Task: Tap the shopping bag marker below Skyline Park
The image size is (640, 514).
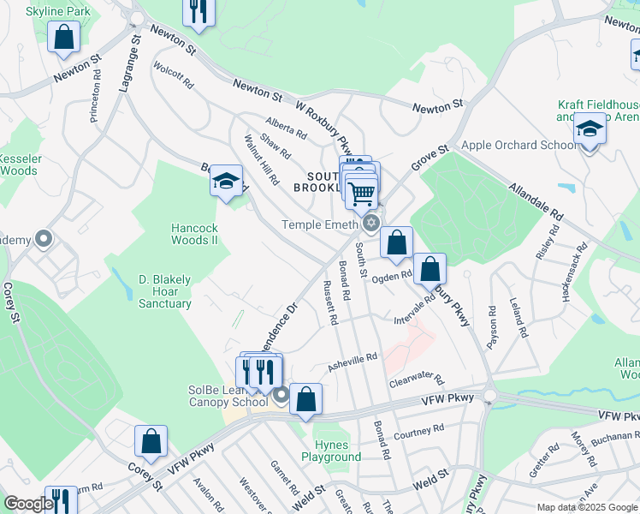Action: click(x=63, y=38)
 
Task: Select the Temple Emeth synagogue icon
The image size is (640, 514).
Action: click(x=370, y=224)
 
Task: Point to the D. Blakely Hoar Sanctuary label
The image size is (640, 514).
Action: click(x=165, y=291)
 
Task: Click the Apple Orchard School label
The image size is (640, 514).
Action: click(x=519, y=145)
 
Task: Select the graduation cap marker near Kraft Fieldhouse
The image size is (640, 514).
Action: click(x=590, y=129)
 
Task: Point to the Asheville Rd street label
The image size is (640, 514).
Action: click(x=353, y=362)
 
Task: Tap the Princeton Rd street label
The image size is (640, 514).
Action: click(x=95, y=94)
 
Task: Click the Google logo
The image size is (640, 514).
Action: click(x=27, y=504)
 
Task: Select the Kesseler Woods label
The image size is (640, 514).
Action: click(x=19, y=164)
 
